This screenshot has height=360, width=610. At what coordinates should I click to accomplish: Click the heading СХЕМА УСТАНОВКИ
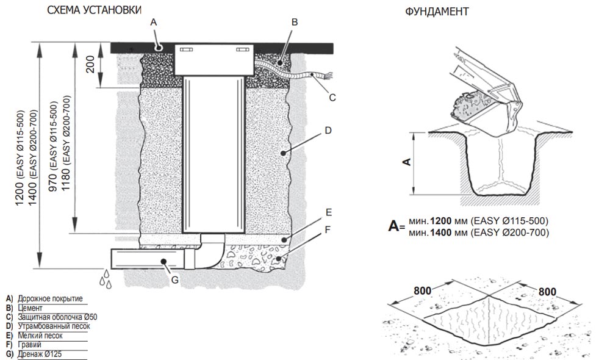point(94,10)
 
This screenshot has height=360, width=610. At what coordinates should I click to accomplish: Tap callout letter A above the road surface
point(154,22)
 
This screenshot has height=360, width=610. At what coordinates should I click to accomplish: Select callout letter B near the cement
point(294,22)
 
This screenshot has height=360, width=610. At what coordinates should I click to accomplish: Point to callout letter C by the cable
point(332,96)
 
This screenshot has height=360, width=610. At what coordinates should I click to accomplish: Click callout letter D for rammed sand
point(328,130)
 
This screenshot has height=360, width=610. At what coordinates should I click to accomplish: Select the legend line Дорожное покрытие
point(49,298)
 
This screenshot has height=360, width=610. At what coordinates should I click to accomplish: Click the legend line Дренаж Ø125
point(41,353)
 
